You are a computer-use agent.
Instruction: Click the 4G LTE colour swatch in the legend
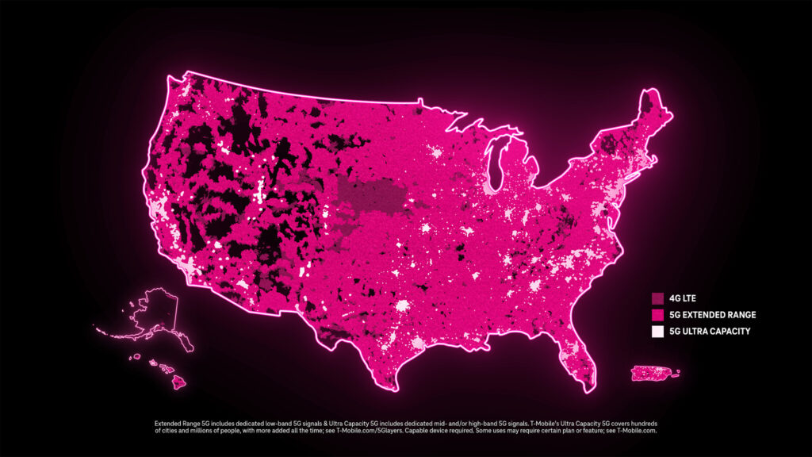click(x=657, y=299)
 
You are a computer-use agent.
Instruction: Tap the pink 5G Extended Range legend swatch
click(x=657, y=315)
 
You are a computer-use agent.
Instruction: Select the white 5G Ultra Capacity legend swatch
click(x=657, y=332)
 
